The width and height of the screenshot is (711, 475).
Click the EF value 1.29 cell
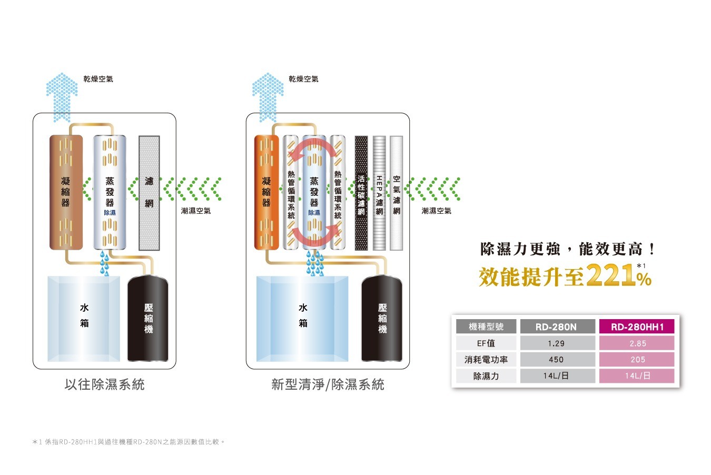557,343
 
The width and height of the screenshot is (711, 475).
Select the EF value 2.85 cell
637,343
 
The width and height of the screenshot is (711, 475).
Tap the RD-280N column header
557,326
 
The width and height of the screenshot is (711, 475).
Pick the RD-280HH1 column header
637,326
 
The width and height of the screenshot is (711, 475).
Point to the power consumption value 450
557,360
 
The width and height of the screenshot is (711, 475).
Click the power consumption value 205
637,360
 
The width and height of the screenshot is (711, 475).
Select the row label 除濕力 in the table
486,376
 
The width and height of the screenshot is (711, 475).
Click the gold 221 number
611,275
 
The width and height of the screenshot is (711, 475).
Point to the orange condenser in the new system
266,192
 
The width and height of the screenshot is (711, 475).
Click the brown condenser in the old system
66,192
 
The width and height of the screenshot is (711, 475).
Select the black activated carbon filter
361,193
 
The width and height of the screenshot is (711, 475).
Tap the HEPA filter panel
379,193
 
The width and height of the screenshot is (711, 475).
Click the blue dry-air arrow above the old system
62,97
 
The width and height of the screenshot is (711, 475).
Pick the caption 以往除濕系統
104,384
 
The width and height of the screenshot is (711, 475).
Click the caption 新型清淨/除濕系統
328,384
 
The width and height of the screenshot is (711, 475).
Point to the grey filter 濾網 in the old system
149,193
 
